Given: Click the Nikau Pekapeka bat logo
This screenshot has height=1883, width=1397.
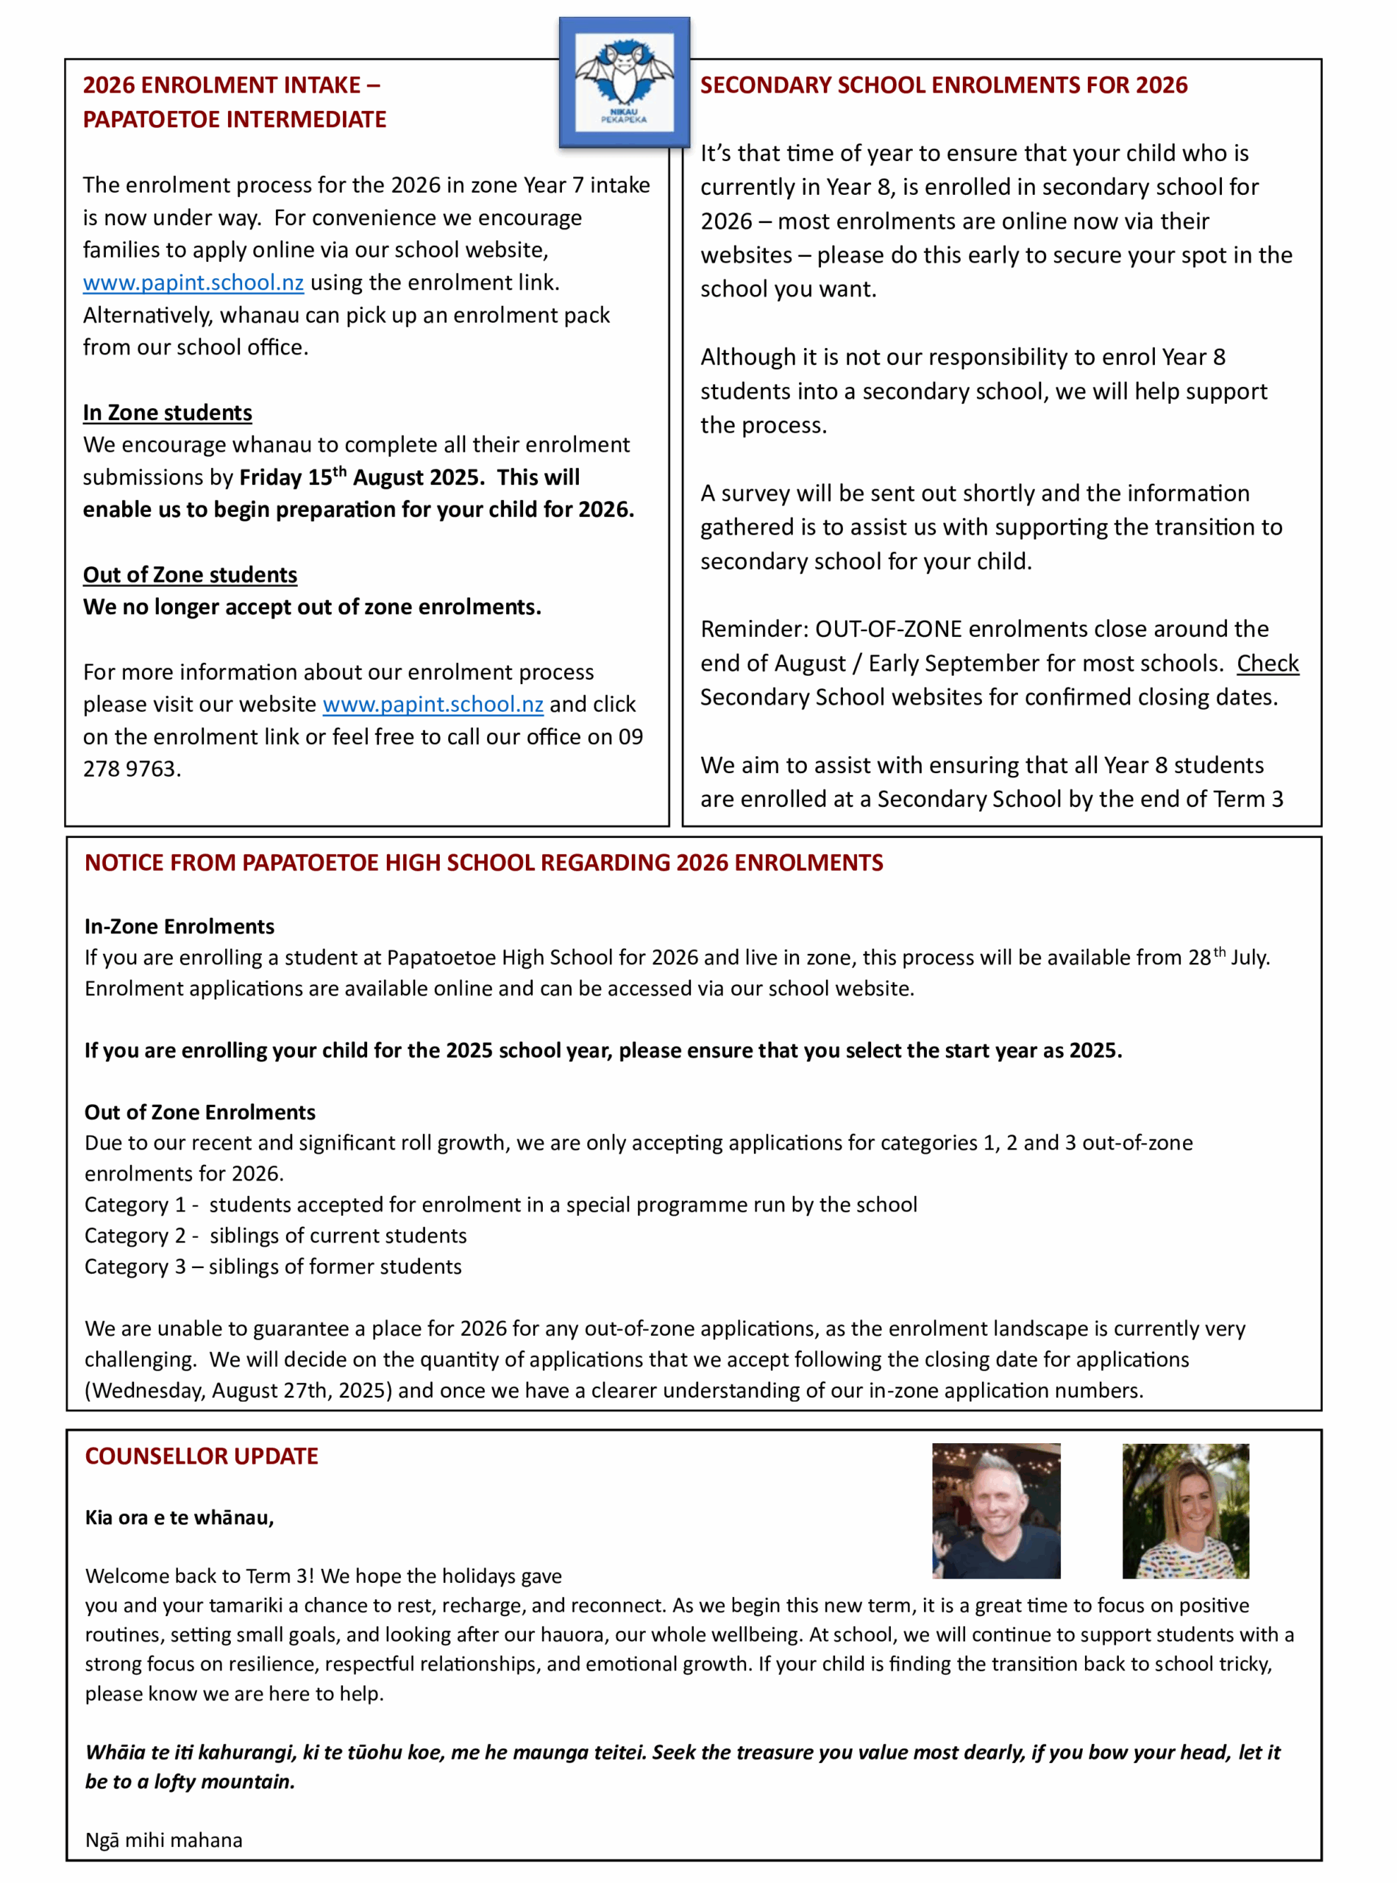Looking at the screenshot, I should click(624, 83).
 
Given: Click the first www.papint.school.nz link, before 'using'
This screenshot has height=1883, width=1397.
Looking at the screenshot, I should click(193, 282).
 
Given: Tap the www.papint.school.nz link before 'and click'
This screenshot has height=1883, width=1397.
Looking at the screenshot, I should click(433, 705).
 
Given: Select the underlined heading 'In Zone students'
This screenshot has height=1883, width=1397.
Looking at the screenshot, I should click(168, 413).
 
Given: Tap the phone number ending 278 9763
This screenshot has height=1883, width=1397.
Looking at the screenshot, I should click(131, 769).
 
